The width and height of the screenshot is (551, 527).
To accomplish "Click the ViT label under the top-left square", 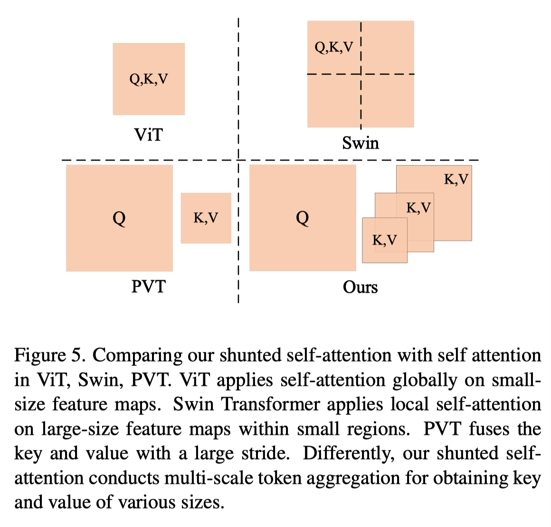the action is point(149,135).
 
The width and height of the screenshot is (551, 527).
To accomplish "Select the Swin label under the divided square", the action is point(361,143).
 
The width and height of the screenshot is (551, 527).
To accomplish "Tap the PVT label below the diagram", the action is point(148,286).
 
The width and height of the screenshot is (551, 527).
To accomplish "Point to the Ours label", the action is point(360,287).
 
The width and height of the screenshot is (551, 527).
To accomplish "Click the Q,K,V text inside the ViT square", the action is point(149,79).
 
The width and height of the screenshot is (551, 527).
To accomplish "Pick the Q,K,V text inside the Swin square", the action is point(334,47).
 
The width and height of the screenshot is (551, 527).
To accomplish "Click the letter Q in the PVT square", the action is point(119,218).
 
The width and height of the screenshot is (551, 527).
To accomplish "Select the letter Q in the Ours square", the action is point(303,218).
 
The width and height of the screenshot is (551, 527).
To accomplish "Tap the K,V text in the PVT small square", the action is point(206,218).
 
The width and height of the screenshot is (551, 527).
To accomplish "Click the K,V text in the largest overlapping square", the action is point(456,179).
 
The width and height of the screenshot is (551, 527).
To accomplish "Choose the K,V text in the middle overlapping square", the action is point(418,208).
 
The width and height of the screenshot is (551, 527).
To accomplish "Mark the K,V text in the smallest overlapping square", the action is point(385,240).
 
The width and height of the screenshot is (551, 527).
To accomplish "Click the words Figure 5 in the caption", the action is point(50,355).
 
